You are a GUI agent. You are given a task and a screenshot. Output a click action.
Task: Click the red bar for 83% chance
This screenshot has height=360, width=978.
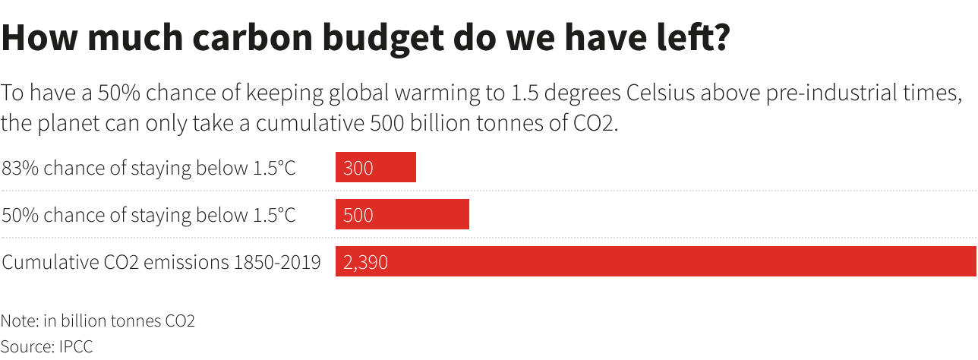(x=376, y=167)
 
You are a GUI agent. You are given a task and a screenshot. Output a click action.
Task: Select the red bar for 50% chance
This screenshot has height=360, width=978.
(x=402, y=215)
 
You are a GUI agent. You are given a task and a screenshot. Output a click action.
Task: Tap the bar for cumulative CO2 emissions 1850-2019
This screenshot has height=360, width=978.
(x=655, y=262)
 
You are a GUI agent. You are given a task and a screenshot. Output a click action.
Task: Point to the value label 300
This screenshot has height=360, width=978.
(x=358, y=168)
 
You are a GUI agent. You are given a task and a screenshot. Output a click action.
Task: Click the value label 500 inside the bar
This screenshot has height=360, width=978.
(x=358, y=216)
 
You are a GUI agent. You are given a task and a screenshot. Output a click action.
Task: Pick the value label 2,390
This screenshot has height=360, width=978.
(x=365, y=263)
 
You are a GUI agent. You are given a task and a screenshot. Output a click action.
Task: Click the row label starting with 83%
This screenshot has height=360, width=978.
(x=149, y=168)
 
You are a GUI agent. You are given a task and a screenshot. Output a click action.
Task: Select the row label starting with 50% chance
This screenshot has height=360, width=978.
(x=149, y=216)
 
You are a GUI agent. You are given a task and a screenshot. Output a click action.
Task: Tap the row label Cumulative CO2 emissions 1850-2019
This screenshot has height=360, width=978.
(x=161, y=263)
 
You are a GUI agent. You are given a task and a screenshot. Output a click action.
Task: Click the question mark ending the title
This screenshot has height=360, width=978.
(x=718, y=38)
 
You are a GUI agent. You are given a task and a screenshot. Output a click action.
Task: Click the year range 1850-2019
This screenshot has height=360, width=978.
(x=277, y=263)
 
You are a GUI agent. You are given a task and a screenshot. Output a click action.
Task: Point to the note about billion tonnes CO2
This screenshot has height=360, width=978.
(x=98, y=321)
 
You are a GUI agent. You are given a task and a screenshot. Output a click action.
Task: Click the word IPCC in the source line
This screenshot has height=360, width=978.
(x=74, y=346)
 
